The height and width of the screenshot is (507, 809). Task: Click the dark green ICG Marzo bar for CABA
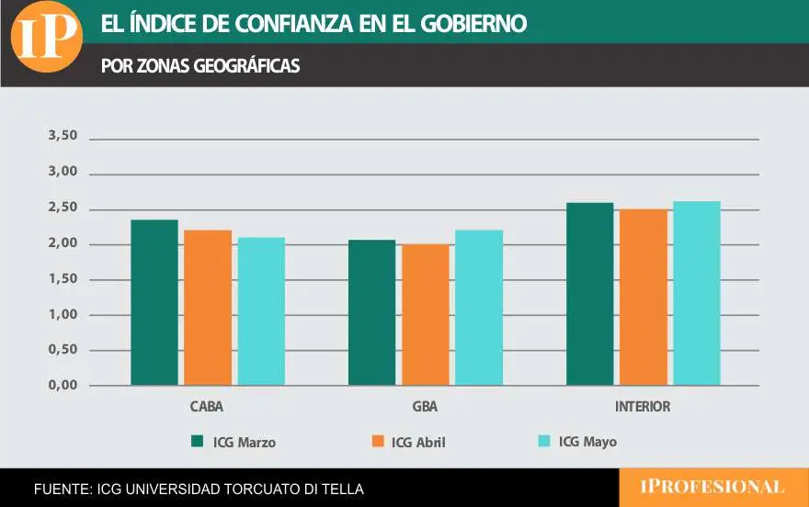coord(154,302)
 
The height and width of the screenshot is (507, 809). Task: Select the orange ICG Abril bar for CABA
coord(208,308)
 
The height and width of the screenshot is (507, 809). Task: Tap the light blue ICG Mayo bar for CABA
coord(261,311)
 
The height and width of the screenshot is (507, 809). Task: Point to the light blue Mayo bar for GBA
coord(479,308)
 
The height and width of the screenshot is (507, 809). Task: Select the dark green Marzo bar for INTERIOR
coord(590,294)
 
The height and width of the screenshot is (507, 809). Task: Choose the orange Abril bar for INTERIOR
coord(644,298)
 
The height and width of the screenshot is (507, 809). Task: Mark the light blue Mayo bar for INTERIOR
coord(697,293)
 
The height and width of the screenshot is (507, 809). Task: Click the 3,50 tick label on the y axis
coord(63,136)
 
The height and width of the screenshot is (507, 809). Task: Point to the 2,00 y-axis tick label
coord(63,243)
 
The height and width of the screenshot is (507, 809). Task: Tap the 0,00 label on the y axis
coord(63,386)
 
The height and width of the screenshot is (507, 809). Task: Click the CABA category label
coord(207,406)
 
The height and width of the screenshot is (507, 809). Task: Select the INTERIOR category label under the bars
coord(643,406)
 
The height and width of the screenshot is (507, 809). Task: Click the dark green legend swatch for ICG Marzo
coord(197,442)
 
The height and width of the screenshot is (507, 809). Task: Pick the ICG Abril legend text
coord(418,442)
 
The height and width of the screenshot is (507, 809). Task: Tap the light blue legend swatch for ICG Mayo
coord(543,442)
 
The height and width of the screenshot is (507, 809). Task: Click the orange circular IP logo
coord(46,37)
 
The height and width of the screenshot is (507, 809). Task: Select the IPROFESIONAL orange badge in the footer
coord(712,487)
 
